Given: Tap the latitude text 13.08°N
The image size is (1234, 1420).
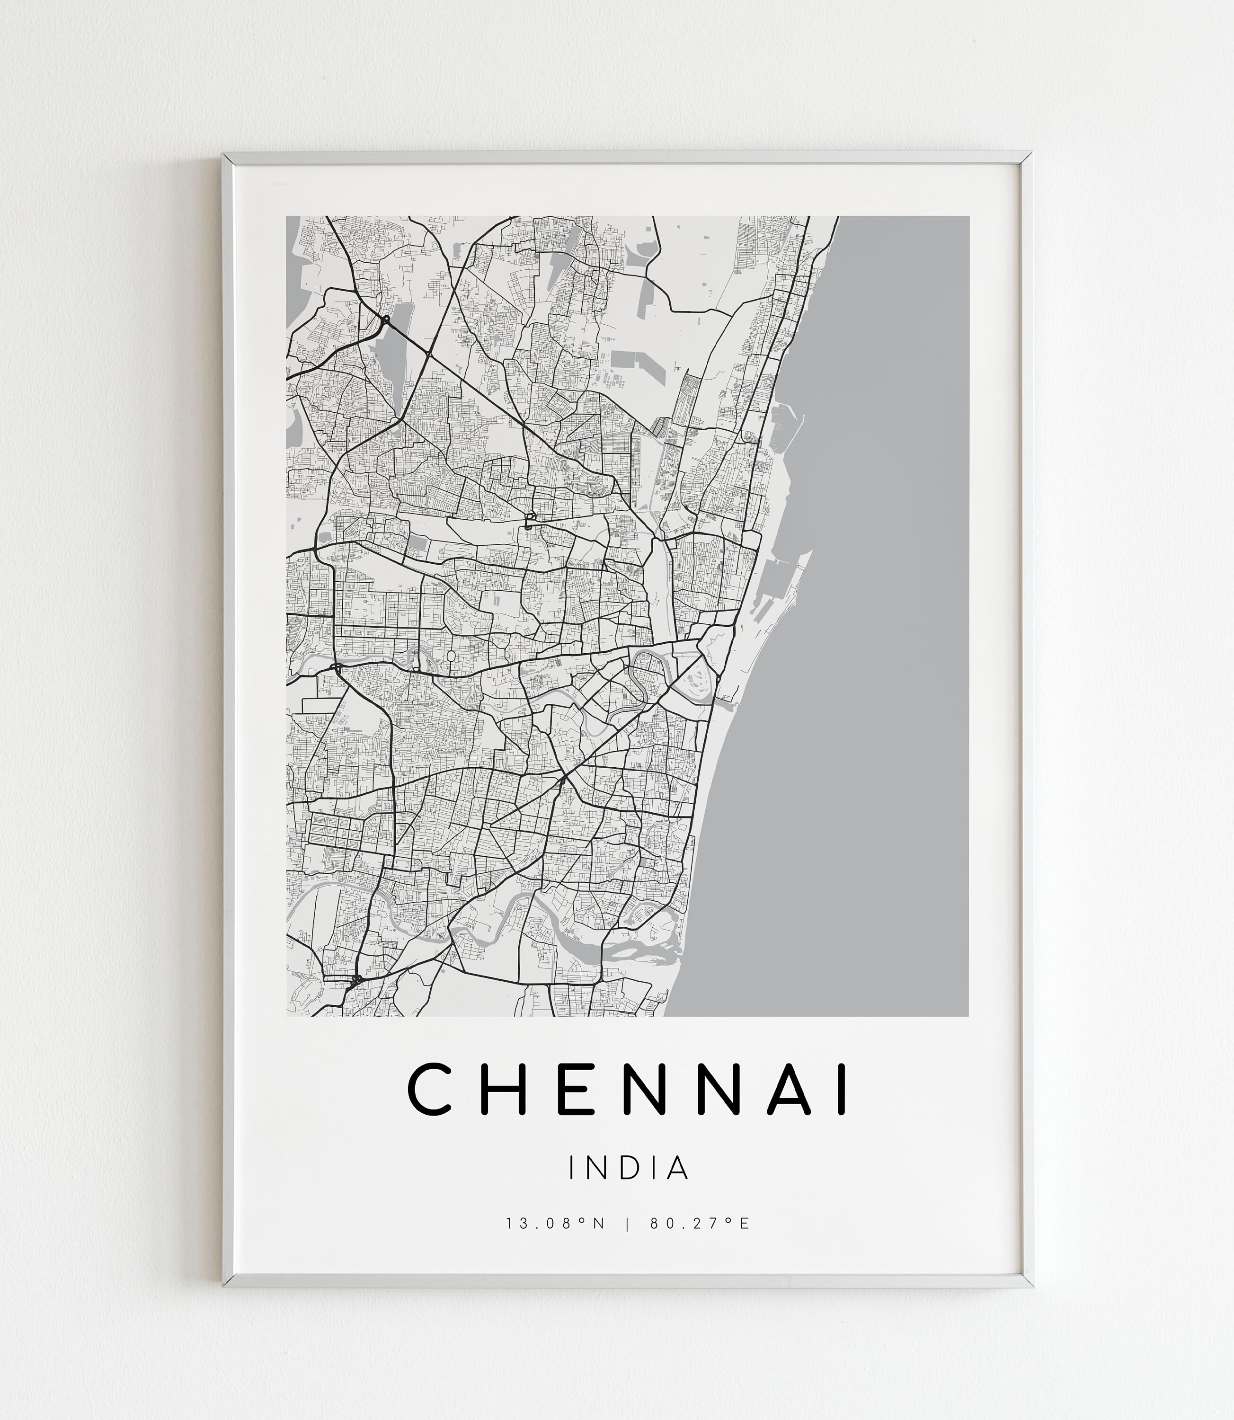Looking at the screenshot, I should click(555, 1243).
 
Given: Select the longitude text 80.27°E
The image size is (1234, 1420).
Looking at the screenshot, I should click(699, 1243).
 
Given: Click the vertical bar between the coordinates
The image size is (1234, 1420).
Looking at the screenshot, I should click(627, 1243).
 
